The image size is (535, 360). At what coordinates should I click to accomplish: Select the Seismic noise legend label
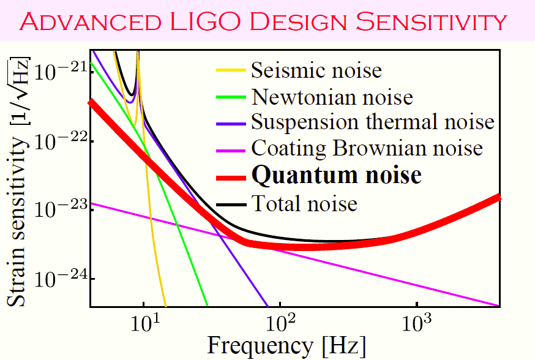[x=316, y=70]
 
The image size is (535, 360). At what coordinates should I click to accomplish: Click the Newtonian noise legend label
[x=332, y=96]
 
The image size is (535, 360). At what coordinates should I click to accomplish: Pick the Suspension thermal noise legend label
[x=372, y=122]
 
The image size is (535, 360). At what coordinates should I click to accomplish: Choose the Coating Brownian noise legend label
[x=367, y=148]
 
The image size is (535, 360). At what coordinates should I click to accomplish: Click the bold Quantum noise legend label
[x=336, y=175]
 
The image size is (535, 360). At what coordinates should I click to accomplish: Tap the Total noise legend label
[x=304, y=202]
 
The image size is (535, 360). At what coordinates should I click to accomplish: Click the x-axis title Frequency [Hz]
[x=286, y=345]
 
